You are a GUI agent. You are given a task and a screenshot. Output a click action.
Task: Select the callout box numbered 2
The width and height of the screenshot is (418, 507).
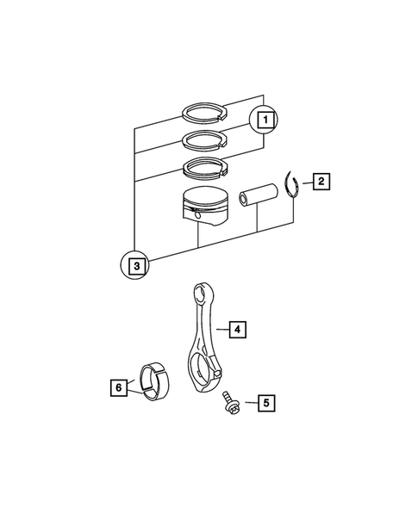click(319, 182)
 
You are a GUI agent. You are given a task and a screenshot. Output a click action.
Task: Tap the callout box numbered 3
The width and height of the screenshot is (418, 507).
click(135, 266)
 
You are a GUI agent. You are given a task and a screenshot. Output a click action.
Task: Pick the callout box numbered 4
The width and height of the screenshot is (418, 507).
click(236, 328)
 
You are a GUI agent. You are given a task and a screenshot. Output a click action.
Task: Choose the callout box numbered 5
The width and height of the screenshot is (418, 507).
click(266, 402)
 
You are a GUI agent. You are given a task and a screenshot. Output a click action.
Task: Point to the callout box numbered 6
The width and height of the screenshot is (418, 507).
click(117, 387)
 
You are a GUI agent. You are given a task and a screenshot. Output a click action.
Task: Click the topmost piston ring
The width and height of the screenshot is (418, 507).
click(203, 111)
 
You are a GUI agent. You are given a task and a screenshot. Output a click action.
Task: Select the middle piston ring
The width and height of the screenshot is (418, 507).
click(203, 139)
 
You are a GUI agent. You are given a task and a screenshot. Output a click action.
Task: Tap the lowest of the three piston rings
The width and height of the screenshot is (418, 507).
click(203, 167)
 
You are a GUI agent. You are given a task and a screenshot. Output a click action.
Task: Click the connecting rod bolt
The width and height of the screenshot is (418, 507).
click(230, 404)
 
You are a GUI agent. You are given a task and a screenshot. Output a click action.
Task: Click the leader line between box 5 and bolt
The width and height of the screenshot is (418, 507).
click(247, 402)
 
